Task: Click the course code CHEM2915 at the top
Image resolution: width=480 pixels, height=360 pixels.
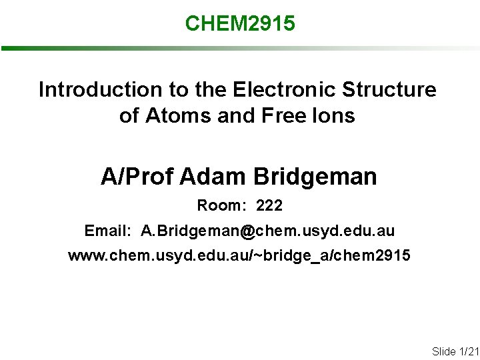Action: pyautogui.click(x=240, y=24)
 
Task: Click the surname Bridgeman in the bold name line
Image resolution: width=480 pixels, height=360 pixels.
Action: pyautogui.click(x=315, y=177)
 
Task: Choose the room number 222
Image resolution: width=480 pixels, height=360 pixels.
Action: pyautogui.click(x=269, y=206)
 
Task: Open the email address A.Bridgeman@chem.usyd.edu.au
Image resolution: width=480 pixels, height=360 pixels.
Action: pyautogui.click(x=267, y=231)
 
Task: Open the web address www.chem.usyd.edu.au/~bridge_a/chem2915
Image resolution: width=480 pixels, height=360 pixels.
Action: pyautogui.click(x=239, y=256)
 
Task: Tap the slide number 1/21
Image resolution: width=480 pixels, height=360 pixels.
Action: pyautogui.click(x=469, y=351)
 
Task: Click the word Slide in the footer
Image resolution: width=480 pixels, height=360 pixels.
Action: pyautogui.click(x=444, y=351)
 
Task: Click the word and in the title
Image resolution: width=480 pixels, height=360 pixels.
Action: pyautogui.click(x=236, y=116)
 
